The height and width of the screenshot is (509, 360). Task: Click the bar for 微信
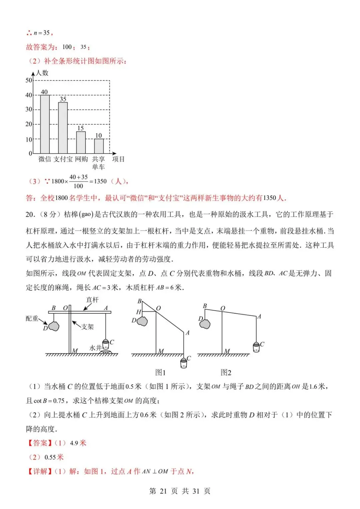click(45, 124)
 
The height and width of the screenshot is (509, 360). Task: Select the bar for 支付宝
click(63, 128)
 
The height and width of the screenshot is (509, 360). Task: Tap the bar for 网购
click(81, 142)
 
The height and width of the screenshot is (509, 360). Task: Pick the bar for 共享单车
click(99, 146)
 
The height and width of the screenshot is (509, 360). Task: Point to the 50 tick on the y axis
click(29, 80)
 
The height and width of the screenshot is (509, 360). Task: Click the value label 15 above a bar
click(81, 128)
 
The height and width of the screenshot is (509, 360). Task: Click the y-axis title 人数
click(42, 73)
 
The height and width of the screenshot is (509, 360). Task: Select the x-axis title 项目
click(118, 159)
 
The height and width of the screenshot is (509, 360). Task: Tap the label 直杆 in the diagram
click(92, 300)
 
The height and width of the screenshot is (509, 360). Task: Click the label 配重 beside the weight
click(32, 318)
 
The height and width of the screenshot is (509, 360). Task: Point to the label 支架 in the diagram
click(88, 327)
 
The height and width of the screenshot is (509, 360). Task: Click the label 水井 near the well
click(95, 348)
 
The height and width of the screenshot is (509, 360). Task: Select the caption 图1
click(160, 372)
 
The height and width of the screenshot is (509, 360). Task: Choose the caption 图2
click(226, 372)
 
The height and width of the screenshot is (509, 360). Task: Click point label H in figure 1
click(139, 312)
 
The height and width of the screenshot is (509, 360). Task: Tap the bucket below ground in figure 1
click(184, 363)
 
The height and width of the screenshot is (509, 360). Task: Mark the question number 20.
click(30, 214)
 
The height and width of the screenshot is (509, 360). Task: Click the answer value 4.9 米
click(78, 443)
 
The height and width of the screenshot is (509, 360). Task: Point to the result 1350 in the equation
click(100, 181)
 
